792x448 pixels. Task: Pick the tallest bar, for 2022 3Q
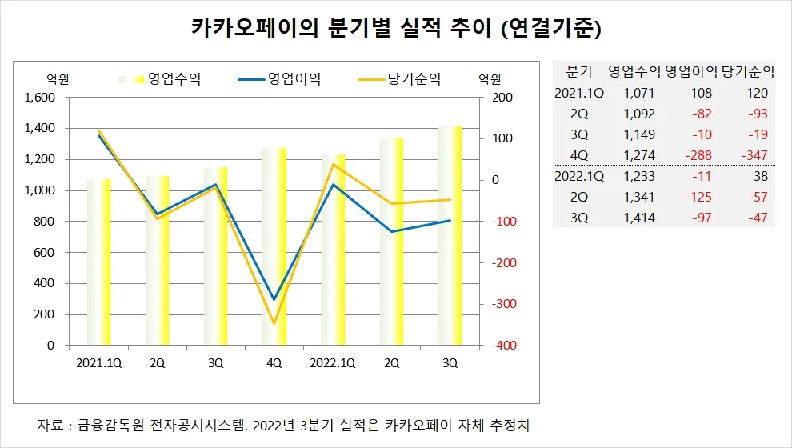pyautogui.click(x=450, y=235)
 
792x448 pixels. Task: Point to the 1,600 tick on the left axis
pyautogui.click(x=41, y=98)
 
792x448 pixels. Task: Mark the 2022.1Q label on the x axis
pyautogui.click(x=333, y=363)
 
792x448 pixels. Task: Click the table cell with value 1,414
pyautogui.click(x=639, y=218)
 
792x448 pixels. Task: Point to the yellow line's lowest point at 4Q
pyautogui.click(x=274, y=324)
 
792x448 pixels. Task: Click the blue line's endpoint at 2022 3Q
pyautogui.click(x=450, y=221)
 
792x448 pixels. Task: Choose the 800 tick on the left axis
pyautogui.click(x=46, y=222)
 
